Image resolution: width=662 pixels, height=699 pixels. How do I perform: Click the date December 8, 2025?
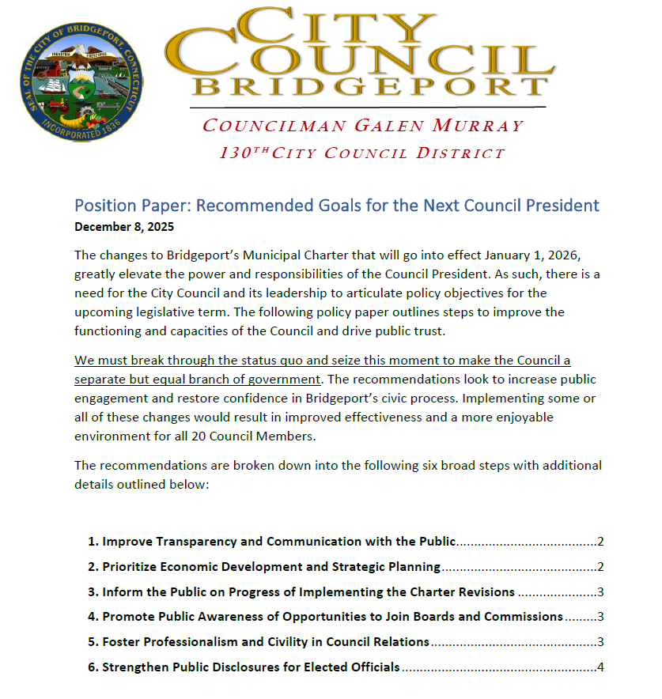[124, 226]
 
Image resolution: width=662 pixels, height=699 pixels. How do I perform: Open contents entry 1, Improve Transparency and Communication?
[278, 542]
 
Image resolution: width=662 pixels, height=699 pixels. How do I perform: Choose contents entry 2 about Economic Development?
[270, 567]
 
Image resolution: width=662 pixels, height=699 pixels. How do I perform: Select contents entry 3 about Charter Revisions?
[308, 592]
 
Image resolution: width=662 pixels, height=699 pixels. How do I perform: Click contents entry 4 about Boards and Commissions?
[332, 617]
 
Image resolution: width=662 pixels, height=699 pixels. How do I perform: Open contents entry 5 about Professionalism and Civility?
[265, 642]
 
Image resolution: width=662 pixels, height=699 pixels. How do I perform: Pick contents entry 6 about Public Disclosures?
[251, 667]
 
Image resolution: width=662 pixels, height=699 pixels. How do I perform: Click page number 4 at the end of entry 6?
[601, 667]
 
